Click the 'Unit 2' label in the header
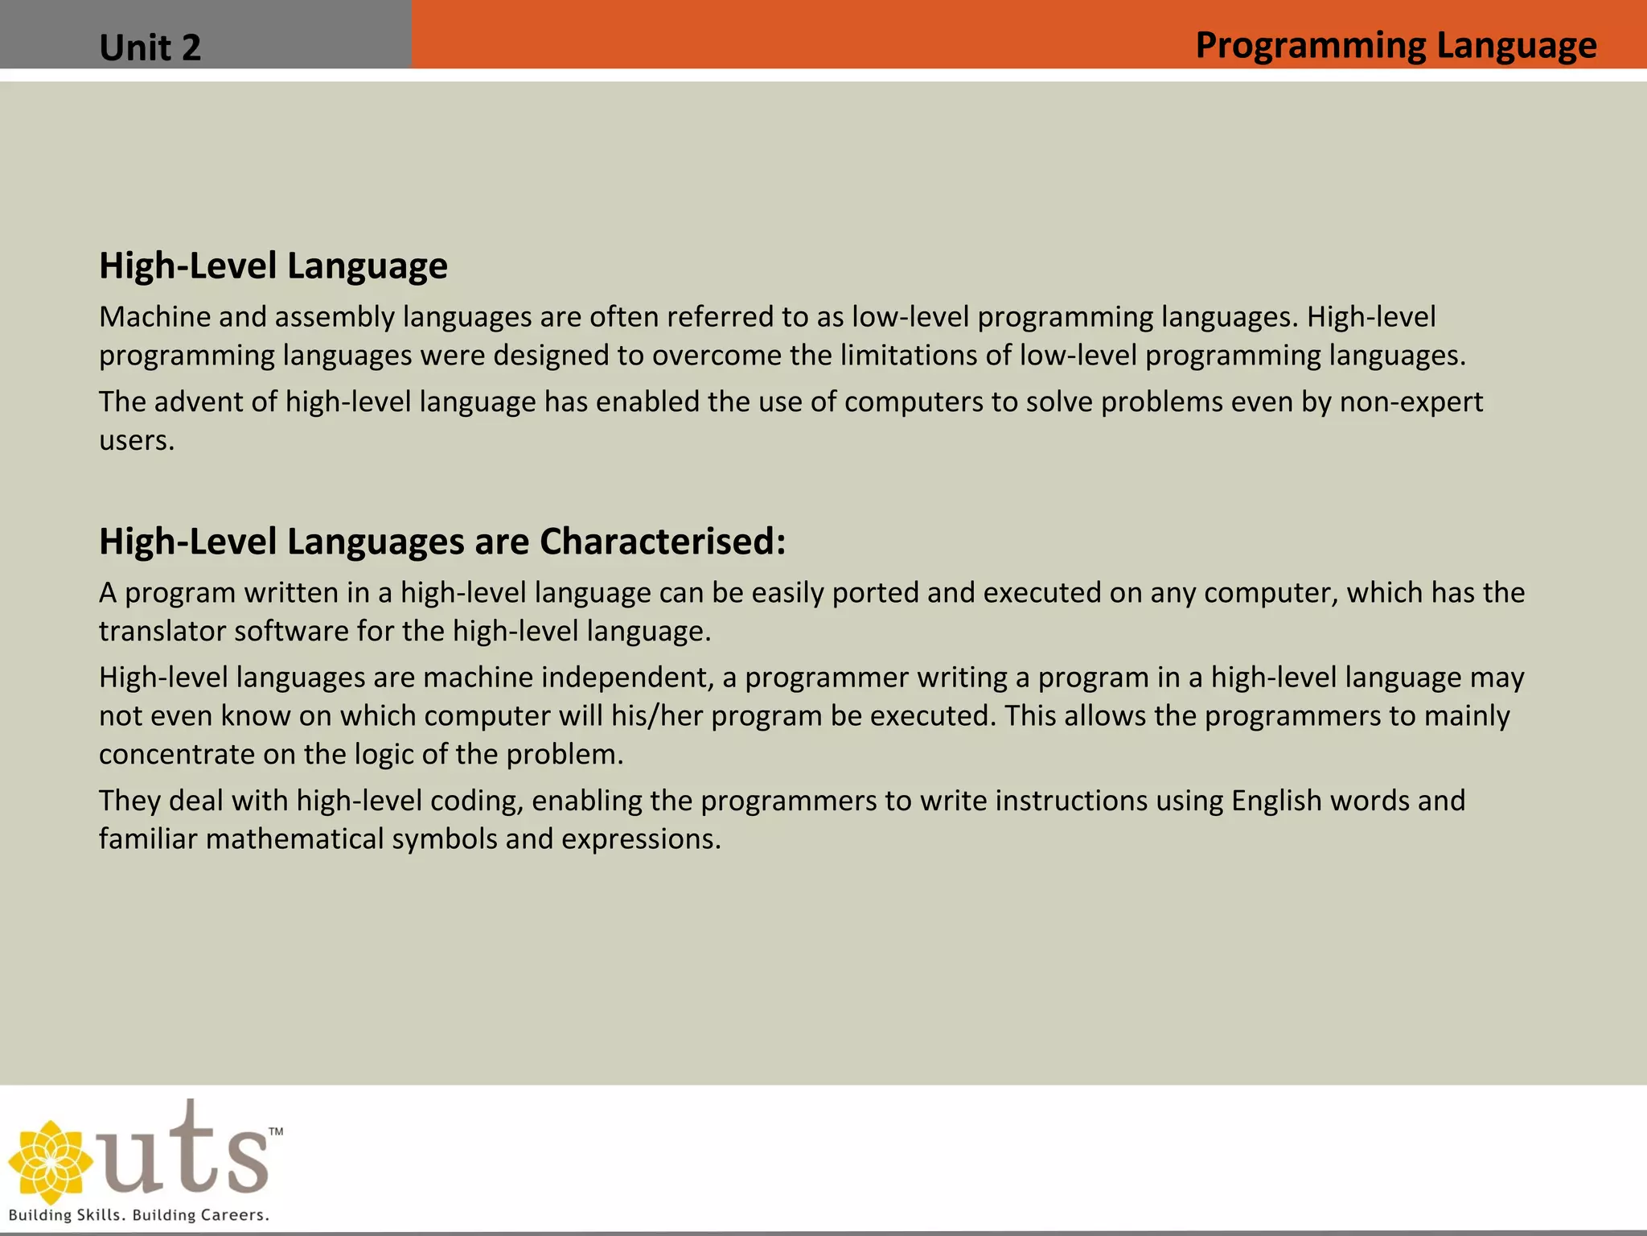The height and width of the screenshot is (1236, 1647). click(x=150, y=47)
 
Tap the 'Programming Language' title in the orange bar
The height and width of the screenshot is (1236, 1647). click(x=1395, y=45)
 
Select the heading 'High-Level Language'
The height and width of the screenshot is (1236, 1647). click(x=273, y=266)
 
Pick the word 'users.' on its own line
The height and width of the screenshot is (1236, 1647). click(x=137, y=440)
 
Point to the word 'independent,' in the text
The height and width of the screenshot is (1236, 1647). click(x=627, y=678)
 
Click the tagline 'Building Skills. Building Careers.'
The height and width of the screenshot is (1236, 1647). click(x=138, y=1215)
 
